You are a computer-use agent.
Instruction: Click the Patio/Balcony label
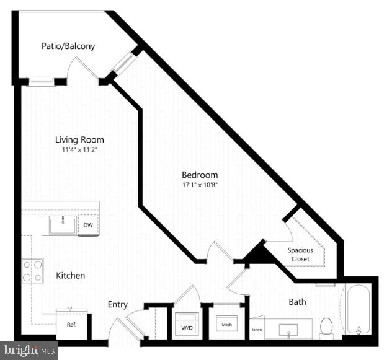68,46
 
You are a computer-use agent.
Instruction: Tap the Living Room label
79,140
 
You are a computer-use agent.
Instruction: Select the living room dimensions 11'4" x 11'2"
79,150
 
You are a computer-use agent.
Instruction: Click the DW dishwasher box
89,226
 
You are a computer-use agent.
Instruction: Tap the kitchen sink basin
63,226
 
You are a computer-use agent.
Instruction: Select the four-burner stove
33,270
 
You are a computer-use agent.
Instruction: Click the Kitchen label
71,275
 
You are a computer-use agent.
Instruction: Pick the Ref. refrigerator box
71,323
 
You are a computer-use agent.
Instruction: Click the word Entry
118,304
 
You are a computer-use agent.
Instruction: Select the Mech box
224,323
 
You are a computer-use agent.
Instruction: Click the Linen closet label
256,330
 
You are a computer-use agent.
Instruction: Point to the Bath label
297,302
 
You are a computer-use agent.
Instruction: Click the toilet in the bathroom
326,328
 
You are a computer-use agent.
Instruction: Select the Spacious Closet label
300,254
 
